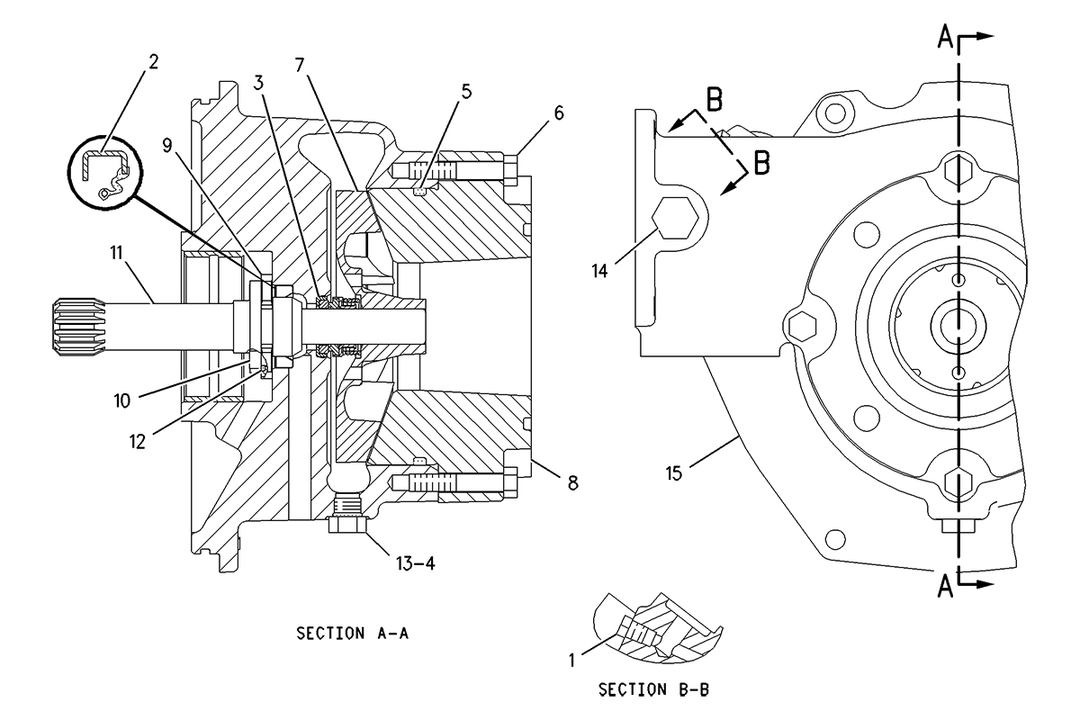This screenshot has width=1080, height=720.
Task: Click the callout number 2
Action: pyautogui.click(x=153, y=62)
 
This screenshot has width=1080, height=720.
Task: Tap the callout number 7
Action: pyautogui.click(x=300, y=65)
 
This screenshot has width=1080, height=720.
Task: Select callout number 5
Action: pyautogui.click(x=466, y=92)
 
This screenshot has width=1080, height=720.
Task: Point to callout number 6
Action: pyautogui.click(x=559, y=113)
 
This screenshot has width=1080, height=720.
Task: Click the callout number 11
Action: pyautogui.click(x=117, y=253)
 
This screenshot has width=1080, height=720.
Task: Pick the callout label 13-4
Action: pyautogui.click(x=416, y=563)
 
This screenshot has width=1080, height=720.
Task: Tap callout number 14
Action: pyautogui.click(x=600, y=271)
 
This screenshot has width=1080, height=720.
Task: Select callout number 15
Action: pyautogui.click(x=674, y=473)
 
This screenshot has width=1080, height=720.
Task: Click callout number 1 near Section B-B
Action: pyautogui.click(x=572, y=661)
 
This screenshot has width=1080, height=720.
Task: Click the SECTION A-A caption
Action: pyautogui.click(x=353, y=634)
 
